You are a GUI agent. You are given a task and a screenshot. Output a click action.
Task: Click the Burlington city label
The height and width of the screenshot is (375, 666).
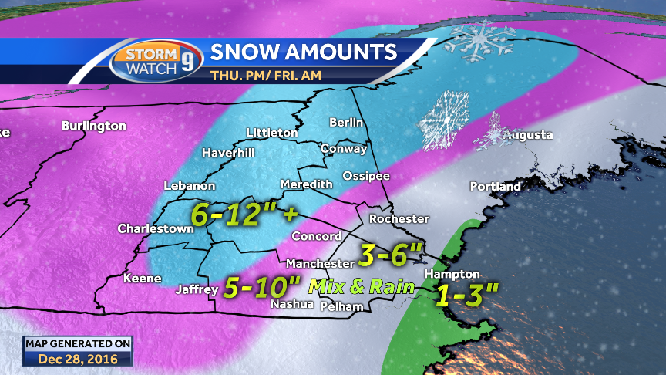pyautogui.click(x=93, y=125)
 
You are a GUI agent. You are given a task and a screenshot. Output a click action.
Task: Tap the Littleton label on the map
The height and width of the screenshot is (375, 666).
pyautogui.click(x=271, y=133)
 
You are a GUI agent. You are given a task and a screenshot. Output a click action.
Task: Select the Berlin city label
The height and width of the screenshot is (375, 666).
pyautogui.click(x=345, y=123)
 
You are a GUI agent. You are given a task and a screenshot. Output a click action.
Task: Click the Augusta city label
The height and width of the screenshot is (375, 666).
pyautogui.click(x=528, y=135)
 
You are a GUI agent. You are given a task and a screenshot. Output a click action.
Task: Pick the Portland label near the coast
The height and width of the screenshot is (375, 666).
pyautogui.click(x=496, y=186)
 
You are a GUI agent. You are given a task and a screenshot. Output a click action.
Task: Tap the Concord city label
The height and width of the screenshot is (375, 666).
pyautogui.click(x=316, y=236)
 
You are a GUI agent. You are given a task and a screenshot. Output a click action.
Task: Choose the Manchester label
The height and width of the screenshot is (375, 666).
pyautogui.click(x=320, y=263)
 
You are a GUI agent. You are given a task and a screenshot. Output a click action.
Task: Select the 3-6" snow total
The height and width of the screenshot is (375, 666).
pyautogui.click(x=392, y=252)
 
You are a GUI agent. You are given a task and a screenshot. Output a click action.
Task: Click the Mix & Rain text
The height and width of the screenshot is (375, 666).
pyautogui.click(x=362, y=287)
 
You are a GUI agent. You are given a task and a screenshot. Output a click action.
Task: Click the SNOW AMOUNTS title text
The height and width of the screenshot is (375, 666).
pyautogui.click(x=304, y=52)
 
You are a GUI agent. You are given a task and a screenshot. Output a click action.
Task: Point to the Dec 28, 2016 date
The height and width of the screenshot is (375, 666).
pyautogui.click(x=77, y=359)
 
